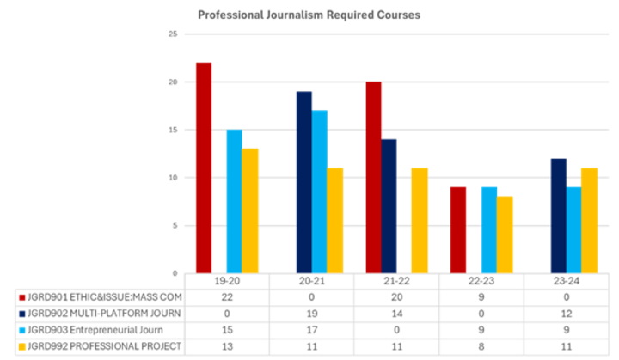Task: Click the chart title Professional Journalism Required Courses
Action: tap(309, 15)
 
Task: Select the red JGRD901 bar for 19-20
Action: tap(204, 168)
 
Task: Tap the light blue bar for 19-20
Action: tap(235, 201)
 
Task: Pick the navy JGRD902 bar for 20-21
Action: tap(304, 182)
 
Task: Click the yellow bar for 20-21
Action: tap(335, 221)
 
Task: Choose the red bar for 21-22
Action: tap(373, 178)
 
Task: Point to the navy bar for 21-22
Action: tap(389, 206)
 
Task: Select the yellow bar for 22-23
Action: tap(505, 235)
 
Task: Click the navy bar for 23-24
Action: tap(559, 216)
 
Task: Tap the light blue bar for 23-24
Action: tap(574, 230)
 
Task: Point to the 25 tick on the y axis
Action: tap(173, 34)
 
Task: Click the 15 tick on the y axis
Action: tap(173, 130)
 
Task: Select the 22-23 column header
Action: tap(481, 281)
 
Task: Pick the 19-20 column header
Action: tap(227, 281)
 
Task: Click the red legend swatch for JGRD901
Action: tap(22, 297)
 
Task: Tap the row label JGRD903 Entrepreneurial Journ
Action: tap(95, 330)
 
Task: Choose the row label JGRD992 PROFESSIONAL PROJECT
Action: tap(104, 346)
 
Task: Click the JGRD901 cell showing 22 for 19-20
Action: tap(227, 297)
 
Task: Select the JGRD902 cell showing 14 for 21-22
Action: tap(396, 314)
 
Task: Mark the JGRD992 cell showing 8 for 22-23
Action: tap(481, 346)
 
